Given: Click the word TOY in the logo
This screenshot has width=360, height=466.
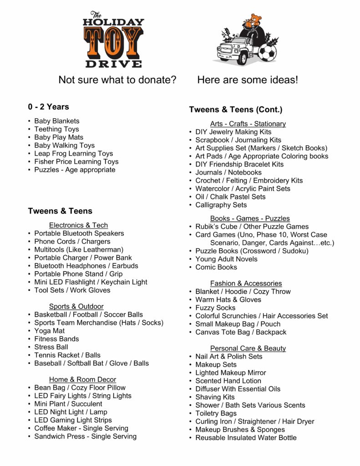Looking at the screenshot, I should [x=113, y=42].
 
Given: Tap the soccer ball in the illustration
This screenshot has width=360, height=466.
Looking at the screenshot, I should [x=267, y=53].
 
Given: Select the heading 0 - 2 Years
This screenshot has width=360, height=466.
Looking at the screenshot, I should [x=48, y=107].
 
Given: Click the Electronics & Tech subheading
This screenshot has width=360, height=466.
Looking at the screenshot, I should [x=78, y=225].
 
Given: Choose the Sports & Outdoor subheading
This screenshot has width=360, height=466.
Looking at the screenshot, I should [x=76, y=306].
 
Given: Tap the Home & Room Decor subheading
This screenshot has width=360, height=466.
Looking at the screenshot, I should [x=82, y=380].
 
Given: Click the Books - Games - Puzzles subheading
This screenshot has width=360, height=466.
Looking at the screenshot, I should [x=250, y=218].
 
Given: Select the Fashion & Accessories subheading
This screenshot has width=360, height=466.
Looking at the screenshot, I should [x=246, y=284].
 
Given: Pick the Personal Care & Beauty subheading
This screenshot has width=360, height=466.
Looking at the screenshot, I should [x=248, y=349].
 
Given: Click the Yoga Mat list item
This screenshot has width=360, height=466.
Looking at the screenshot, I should [x=49, y=331].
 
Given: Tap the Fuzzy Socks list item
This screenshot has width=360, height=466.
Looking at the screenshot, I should [x=215, y=308].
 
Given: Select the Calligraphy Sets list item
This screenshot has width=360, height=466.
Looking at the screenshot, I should [x=221, y=205].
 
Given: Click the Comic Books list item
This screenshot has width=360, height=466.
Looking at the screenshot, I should [x=216, y=267].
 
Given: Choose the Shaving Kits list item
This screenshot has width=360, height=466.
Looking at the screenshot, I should [x=215, y=397].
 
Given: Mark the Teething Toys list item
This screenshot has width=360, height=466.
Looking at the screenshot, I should [x=56, y=129].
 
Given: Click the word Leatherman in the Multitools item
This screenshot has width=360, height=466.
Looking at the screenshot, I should [x=102, y=250].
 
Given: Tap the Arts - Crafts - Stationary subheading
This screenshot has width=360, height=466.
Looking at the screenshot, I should [x=248, y=124].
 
